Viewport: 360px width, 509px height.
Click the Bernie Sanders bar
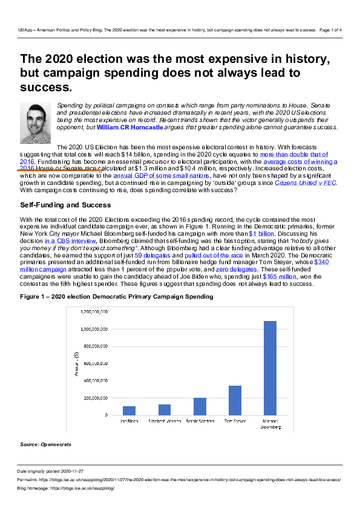point(200,406)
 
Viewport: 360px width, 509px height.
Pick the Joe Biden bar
point(129,410)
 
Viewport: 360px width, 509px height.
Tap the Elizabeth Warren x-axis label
point(164,420)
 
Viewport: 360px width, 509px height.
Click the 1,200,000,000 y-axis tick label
point(94,312)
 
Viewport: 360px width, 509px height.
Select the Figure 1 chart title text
point(116,297)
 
